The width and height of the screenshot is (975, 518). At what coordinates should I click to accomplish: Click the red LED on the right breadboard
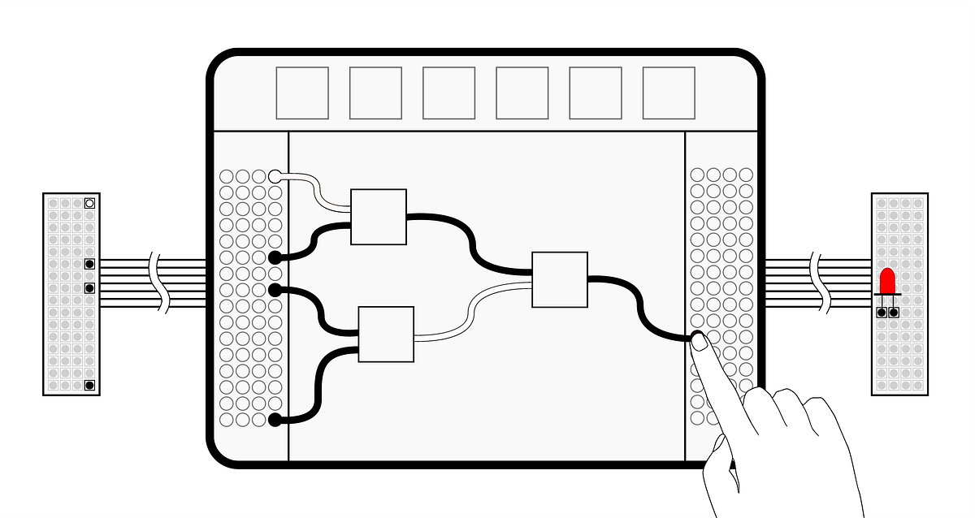(x=887, y=281)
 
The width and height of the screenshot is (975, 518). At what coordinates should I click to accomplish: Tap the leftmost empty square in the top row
(x=302, y=93)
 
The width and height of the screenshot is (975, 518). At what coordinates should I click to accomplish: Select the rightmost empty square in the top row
(x=669, y=93)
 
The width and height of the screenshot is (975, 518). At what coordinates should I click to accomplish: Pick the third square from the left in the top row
(x=448, y=93)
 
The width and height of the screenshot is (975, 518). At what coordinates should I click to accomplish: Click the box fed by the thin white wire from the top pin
(x=379, y=217)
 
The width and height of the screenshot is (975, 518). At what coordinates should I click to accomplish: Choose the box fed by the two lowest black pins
(x=386, y=334)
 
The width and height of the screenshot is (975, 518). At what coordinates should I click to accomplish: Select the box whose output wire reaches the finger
(x=560, y=279)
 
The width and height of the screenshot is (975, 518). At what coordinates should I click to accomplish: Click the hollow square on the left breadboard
(x=89, y=203)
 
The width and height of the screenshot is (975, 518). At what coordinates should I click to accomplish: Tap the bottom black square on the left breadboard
(x=89, y=385)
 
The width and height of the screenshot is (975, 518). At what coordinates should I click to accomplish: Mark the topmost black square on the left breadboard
(x=89, y=264)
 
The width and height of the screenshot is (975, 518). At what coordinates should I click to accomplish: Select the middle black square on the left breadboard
(x=89, y=287)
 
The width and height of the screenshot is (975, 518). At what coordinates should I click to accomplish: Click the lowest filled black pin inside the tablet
(x=275, y=420)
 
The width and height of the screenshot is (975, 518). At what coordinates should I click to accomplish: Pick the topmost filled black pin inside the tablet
(x=275, y=257)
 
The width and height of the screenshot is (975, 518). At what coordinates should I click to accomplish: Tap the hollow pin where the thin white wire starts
(x=275, y=175)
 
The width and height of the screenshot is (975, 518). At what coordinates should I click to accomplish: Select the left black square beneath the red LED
(x=881, y=312)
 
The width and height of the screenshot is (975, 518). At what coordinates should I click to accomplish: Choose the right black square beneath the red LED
(x=894, y=312)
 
